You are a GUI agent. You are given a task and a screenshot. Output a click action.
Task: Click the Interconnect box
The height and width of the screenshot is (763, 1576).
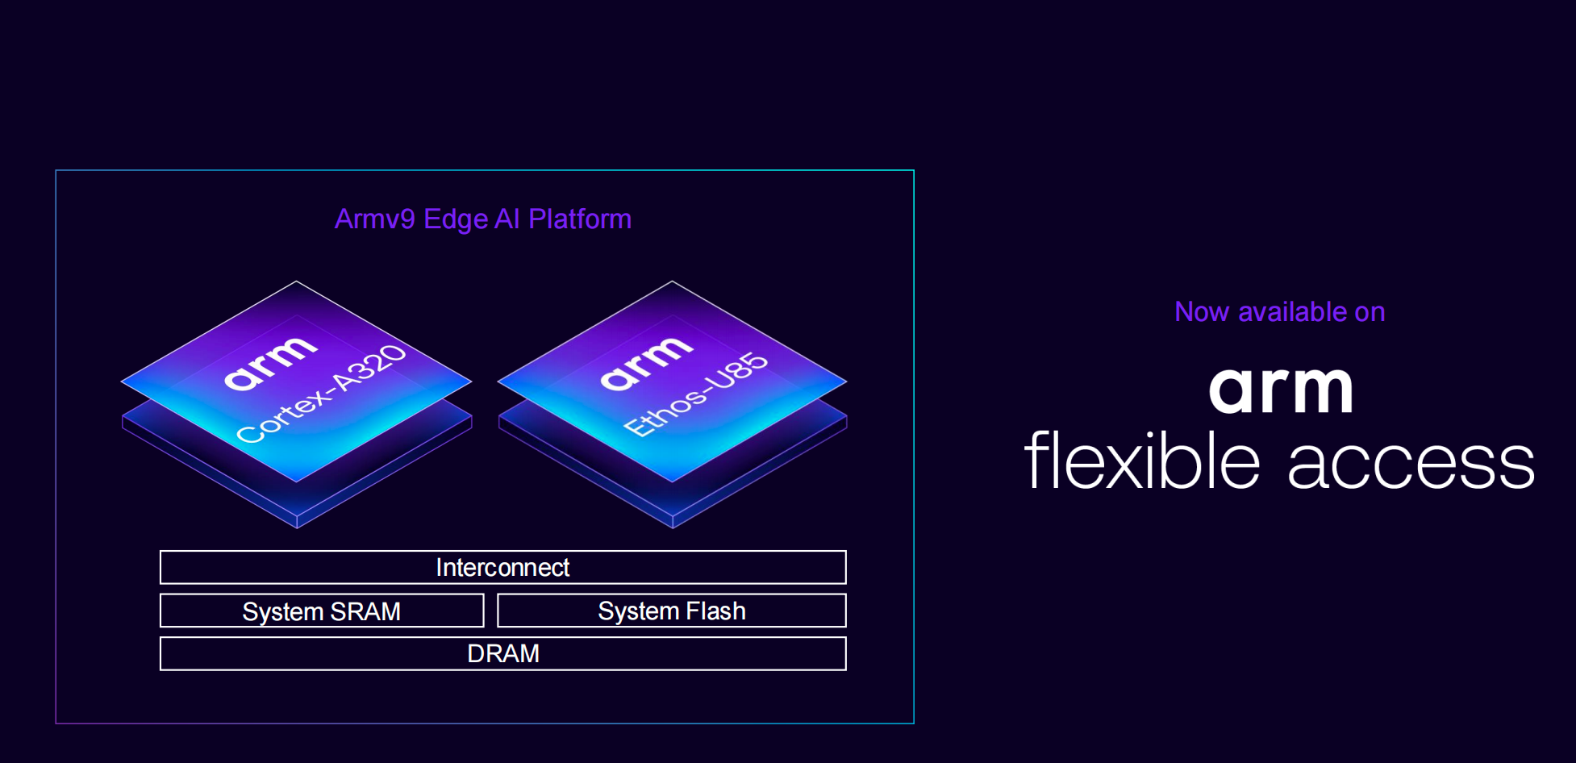[503, 567]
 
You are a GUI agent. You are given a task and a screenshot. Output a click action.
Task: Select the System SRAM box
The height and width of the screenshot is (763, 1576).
[322, 611]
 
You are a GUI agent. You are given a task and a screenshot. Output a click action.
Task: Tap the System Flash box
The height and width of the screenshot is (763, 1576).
[672, 611]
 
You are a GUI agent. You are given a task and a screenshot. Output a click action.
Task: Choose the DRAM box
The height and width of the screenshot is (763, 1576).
[503, 653]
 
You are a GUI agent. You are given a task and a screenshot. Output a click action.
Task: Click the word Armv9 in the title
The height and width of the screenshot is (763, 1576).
[375, 219]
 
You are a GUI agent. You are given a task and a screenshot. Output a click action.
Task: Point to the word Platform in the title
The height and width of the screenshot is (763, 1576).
[580, 219]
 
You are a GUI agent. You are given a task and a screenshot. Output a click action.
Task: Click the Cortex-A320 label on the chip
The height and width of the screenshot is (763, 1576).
[322, 393]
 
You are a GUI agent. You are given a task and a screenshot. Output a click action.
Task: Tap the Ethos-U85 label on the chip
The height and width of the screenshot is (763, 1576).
[696, 394]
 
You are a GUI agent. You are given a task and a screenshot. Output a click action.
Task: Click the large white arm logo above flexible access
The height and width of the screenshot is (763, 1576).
[1281, 391]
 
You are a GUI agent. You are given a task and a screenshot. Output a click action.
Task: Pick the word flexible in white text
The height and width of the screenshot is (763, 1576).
[1142, 460]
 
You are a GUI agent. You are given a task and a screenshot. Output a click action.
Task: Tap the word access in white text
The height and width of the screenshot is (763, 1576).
[1411, 464]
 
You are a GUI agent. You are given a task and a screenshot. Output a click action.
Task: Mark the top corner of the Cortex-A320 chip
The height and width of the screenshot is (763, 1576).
[297, 281]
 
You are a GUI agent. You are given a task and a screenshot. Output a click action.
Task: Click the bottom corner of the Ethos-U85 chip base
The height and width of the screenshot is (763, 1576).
[673, 528]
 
